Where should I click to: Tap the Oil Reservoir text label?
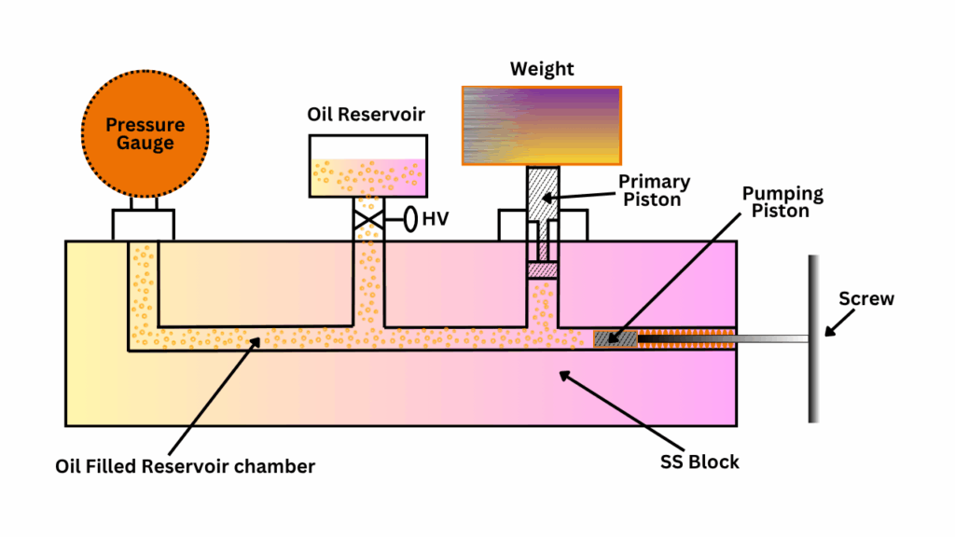[367, 115]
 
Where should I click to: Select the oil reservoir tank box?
[368, 166]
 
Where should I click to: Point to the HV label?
[434, 221]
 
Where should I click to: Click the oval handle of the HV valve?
[408, 221]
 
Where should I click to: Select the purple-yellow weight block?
[541, 126]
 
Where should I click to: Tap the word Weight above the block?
[542, 70]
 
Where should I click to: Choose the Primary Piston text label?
[654, 190]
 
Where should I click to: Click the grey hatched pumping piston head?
[616, 337]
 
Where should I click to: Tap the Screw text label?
[866, 299]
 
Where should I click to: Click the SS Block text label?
[693, 461]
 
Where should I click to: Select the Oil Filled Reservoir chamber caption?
[185, 466]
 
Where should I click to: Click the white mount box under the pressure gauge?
[143, 225]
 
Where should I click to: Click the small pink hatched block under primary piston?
[542, 269]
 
